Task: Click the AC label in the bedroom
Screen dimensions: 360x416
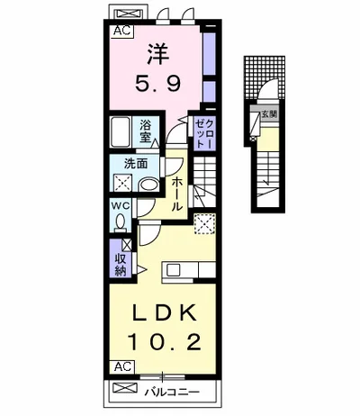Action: pyautogui.click(x=122, y=31)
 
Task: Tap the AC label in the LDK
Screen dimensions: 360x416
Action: pyautogui.click(x=122, y=366)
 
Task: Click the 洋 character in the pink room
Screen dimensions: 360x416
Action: pyautogui.click(x=158, y=54)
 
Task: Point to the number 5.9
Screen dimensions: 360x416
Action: pyautogui.click(x=158, y=83)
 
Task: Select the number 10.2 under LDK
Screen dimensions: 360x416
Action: pyautogui.click(x=164, y=342)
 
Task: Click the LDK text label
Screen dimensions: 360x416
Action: pyautogui.click(x=165, y=312)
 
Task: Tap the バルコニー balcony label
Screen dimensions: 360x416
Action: pyautogui.click(x=172, y=392)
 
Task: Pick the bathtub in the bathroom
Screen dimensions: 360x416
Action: pyautogui.click(x=120, y=131)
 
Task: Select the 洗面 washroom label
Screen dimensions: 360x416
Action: pyautogui.click(x=136, y=164)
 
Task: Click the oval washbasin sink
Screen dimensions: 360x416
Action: pyautogui.click(x=149, y=185)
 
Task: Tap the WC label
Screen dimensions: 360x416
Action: pyautogui.click(x=121, y=206)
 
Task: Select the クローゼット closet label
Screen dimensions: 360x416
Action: pyautogui.click(x=204, y=132)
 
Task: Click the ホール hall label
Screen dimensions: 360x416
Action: pyautogui.click(x=177, y=194)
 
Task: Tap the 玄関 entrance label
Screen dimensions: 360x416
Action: pyautogui.click(x=269, y=114)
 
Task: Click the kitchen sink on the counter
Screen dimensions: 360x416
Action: pyautogui.click(x=174, y=270)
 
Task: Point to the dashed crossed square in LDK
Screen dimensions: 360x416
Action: pyautogui.click(x=205, y=223)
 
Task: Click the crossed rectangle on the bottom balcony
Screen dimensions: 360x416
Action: pyautogui.click(x=124, y=388)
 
